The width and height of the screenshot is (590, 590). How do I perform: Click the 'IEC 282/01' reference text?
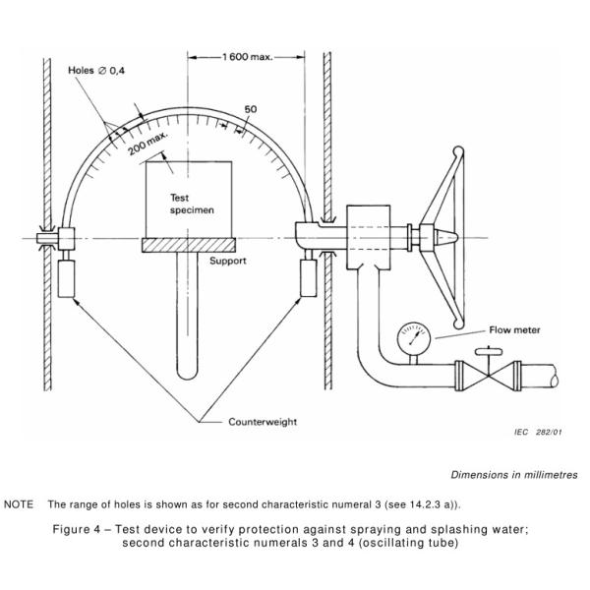(540, 430)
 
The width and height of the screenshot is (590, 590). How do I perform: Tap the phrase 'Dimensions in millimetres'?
(514, 475)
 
